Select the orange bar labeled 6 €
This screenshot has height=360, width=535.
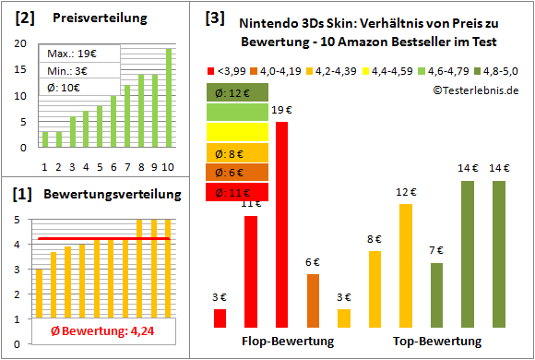click(313, 300)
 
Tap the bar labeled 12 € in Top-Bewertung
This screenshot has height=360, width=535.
click(406, 265)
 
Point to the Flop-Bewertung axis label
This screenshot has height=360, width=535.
click(288, 342)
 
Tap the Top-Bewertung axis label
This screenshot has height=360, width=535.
click(437, 342)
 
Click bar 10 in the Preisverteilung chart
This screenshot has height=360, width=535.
click(169, 97)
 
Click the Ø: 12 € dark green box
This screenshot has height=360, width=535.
click(237, 92)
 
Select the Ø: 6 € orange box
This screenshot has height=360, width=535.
click(237, 173)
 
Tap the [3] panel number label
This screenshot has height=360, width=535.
click(214, 18)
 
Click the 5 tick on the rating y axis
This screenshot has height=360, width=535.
click(23, 219)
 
